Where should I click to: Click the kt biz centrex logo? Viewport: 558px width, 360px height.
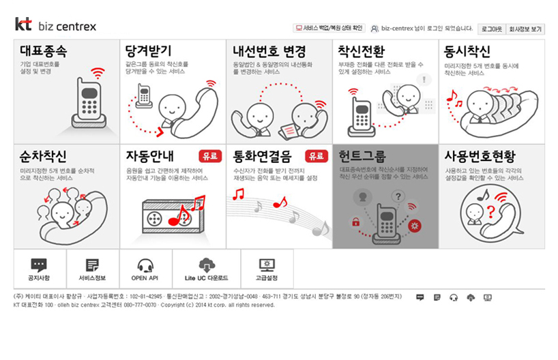(x=55, y=26)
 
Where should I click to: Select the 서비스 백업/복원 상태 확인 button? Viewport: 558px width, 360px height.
(x=329, y=29)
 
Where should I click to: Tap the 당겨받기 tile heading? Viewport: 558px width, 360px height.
(x=149, y=52)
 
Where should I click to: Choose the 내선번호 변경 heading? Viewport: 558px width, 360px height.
(x=269, y=52)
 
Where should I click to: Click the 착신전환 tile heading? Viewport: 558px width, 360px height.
(x=362, y=52)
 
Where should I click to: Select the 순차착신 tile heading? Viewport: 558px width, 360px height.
(x=43, y=155)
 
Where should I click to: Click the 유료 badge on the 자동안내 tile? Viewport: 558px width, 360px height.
(x=210, y=156)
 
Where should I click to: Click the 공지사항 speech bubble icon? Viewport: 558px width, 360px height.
(x=39, y=265)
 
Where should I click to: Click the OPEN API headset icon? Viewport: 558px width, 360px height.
(x=145, y=265)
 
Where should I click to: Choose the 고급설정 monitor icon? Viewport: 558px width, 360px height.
(x=267, y=265)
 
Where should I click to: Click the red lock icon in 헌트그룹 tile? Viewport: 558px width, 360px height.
(x=355, y=222)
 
